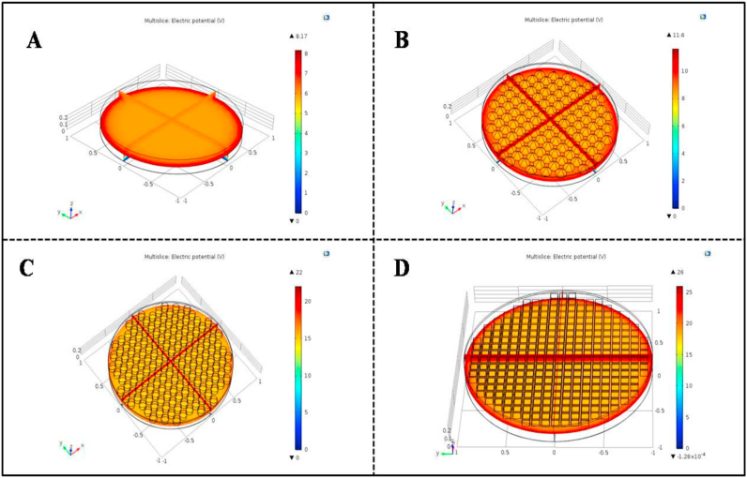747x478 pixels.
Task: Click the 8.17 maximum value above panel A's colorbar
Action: pos(301,36)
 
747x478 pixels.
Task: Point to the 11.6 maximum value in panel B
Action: pos(678,35)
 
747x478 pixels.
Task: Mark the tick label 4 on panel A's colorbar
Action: pos(311,132)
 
